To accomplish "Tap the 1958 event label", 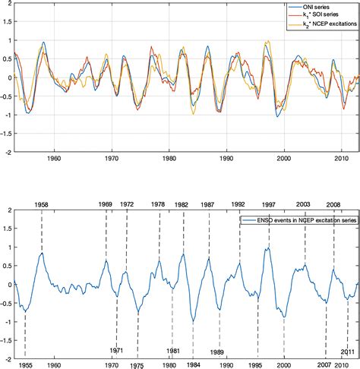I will click(43, 204).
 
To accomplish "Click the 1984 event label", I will click(194, 364).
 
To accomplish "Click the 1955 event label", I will click(25, 364).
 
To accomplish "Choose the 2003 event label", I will click(304, 204).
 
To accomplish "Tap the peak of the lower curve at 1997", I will click(268, 249).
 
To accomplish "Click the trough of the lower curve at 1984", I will click(194, 322).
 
